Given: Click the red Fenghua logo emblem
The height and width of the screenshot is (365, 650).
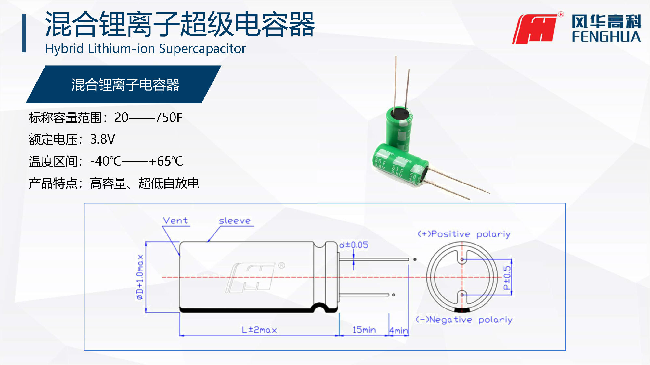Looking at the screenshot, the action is coord(535,29).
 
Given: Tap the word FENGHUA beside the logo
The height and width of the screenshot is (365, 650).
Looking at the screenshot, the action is coord(606,37).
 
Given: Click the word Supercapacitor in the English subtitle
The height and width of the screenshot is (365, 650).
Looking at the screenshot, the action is coord(202,49).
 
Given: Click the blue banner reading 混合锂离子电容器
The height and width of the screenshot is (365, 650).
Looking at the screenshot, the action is coord(123,84).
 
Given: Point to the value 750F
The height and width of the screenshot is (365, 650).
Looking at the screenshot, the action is coord(169,118).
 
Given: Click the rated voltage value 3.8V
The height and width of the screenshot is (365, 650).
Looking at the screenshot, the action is coord(103,139).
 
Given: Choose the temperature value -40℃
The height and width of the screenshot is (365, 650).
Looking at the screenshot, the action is coord(106,161).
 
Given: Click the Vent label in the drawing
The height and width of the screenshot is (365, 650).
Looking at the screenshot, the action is coord(175,221).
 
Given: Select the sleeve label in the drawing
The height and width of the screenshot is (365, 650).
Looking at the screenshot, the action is coord(235,221).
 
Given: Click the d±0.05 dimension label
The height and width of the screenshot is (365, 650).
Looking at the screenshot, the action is coord(354,245).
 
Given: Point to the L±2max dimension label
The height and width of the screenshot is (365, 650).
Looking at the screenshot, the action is coord(259,330).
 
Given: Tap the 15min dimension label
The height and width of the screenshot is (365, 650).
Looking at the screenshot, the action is coord(364,330).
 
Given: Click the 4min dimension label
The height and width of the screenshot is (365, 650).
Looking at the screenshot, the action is coord(399,331).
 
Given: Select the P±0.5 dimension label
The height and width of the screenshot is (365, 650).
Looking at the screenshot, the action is coord(507,278).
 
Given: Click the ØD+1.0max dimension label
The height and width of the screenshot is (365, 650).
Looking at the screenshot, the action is coord(140,277).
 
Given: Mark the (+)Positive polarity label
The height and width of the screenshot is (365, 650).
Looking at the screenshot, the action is coord(464,234).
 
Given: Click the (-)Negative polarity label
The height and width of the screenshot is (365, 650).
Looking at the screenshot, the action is coord(464,320).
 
